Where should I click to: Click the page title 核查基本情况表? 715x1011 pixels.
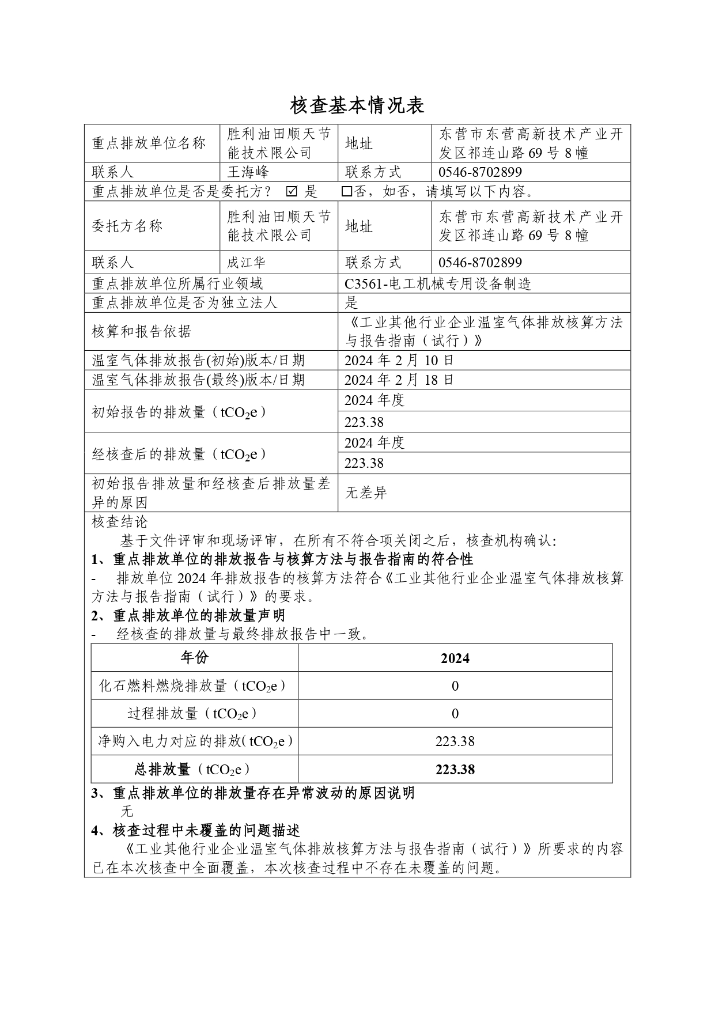click(357, 105)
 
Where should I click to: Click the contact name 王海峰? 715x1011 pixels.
click(248, 172)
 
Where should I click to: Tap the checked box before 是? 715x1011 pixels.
click(292, 191)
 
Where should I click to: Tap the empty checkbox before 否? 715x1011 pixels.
click(346, 191)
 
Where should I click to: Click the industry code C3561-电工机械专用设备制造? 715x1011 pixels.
click(437, 283)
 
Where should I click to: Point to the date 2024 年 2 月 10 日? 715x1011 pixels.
click(399, 361)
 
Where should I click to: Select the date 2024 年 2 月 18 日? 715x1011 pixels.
click(399, 380)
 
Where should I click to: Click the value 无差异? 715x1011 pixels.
click(366, 493)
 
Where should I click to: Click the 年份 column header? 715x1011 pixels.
click(195, 658)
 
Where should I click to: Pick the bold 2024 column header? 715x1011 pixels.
click(455, 658)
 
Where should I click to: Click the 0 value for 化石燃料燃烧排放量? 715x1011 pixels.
click(455, 686)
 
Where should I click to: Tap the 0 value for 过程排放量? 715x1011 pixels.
click(455, 714)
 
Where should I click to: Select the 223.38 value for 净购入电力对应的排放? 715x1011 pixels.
click(455, 741)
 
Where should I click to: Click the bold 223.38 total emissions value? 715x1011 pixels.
click(455, 770)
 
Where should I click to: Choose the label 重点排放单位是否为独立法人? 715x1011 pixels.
click(184, 302)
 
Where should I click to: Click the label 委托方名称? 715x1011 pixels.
click(127, 226)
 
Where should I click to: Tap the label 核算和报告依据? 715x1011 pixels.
click(141, 331)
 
